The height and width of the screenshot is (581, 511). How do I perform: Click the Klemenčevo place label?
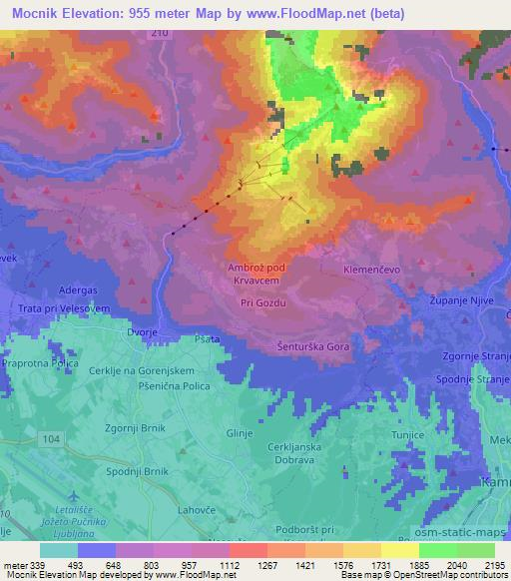pos(400,271)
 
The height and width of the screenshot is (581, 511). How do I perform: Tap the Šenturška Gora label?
pos(312,345)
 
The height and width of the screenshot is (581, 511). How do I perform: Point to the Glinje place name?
pos(241,432)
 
